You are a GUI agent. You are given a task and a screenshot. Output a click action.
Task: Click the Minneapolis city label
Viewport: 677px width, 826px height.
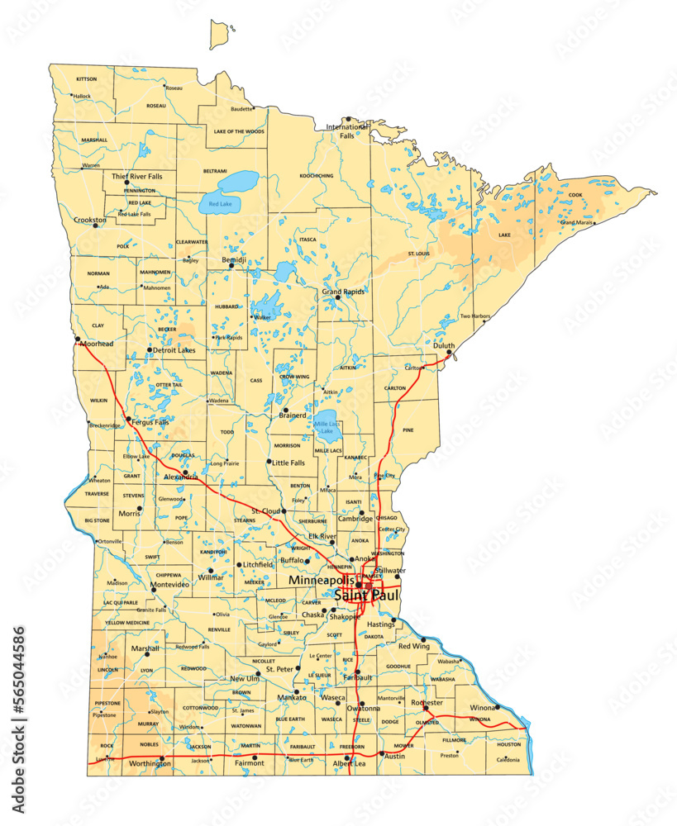321,581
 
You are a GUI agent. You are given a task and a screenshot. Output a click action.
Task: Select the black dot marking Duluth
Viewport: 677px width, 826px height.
449,354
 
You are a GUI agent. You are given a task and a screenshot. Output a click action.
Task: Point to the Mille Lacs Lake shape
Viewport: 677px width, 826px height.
327,423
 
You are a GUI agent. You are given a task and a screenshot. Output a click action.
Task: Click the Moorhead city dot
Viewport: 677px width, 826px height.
77,338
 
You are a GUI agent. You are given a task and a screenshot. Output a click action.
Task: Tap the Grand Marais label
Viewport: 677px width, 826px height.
577,223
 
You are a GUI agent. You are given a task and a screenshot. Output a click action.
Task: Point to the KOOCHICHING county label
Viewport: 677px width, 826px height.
316,176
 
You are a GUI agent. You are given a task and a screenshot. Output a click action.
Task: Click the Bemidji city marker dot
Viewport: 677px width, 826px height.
231,266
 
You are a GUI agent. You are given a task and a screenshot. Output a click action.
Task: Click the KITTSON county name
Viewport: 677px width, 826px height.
86,79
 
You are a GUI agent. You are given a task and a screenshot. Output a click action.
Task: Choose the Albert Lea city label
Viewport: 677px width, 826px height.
348,765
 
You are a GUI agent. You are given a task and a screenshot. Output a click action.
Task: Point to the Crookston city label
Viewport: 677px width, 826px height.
89,221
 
